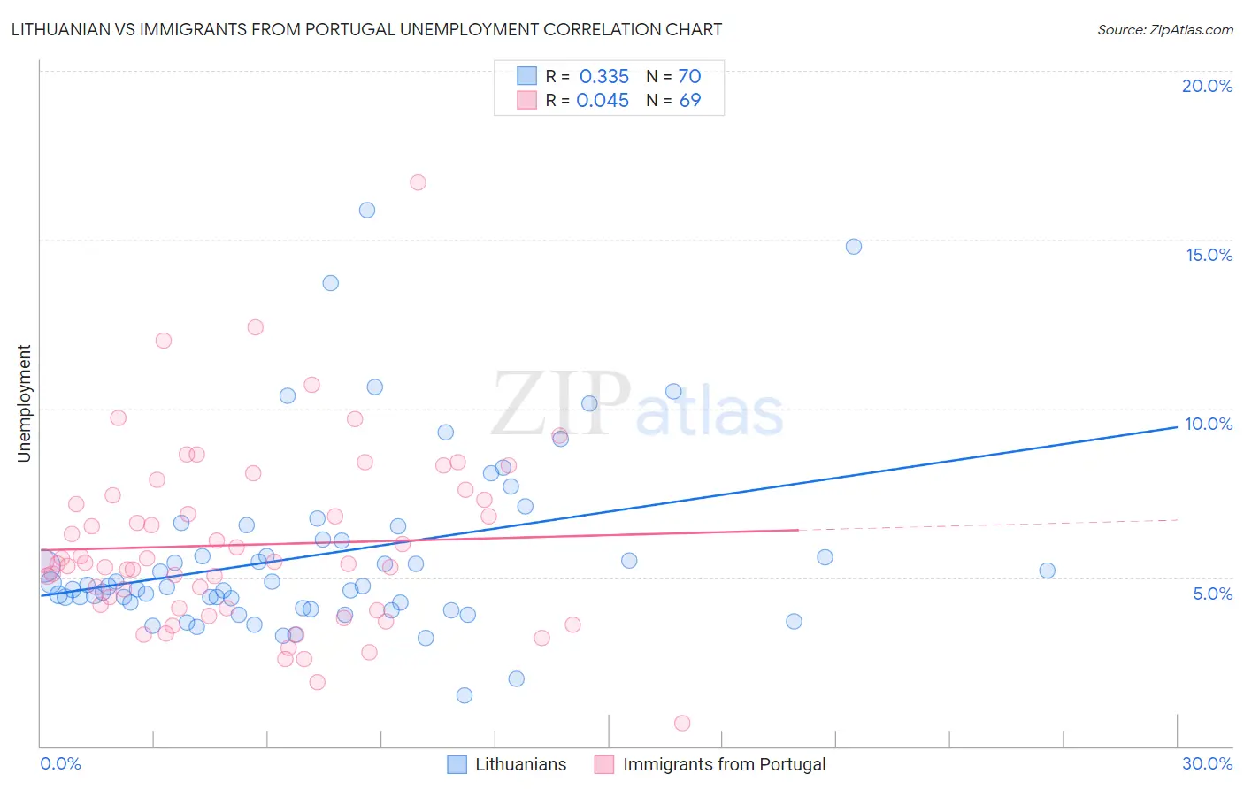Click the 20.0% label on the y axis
(x=1207, y=86)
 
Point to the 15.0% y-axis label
(x=1209, y=255)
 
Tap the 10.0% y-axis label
(x=1209, y=424)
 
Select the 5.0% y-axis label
(x=1212, y=594)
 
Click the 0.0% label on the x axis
(x=60, y=763)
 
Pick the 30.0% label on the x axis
(x=1207, y=763)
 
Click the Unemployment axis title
(x=24, y=403)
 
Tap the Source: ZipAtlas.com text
(x=1164, y=29)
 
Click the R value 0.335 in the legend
(x=603, y=76)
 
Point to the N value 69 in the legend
(x=689, y=101)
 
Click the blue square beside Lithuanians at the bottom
(x=457, y=764)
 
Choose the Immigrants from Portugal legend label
(x=724, y=764)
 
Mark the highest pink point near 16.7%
(x=418, y=182)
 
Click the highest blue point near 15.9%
(x=367, y=210)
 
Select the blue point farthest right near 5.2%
(x=1047, y=571)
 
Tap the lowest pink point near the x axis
(x=682, y=723)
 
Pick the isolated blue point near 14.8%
(x=854, y=247)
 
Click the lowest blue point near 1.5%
(x=465, y=695)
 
